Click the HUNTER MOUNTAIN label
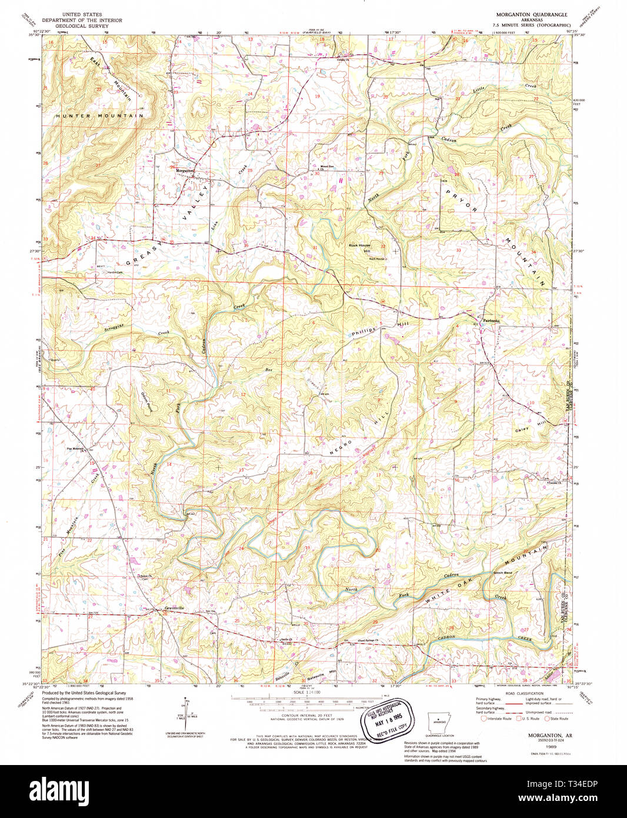pyautogui.click(x=99, y=117)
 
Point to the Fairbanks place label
pyautogui.click(x=491, y=321)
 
